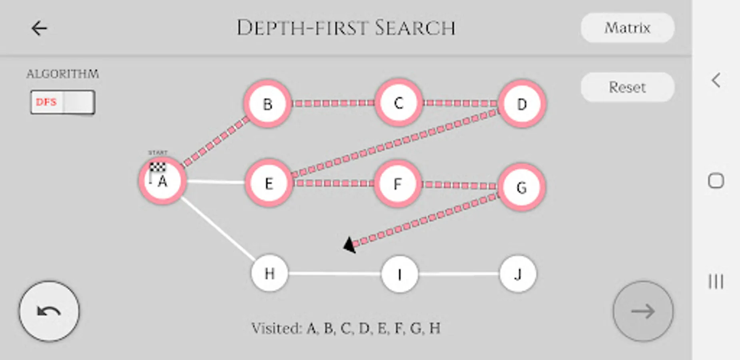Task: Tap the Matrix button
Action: pos(627,28)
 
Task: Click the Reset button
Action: pos(627,87)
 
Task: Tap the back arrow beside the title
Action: pos(39,28)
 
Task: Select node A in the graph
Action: pos(162,181)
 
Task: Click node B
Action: pos(267,104)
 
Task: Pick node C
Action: pos(398,103)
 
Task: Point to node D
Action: pos(522,104)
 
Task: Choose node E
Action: pos(269,183)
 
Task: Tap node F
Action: pos(397,184)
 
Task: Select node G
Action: pos(521,187)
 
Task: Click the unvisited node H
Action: pos(269,273)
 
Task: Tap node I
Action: pos(399,274)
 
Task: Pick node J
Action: pos(518,274)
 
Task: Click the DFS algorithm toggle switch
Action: pos(63,102)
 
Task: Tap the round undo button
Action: pos(49,311)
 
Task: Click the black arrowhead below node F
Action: pos(350,245)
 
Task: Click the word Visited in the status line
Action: pos(276,328)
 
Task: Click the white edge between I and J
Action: pos(459,274)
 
